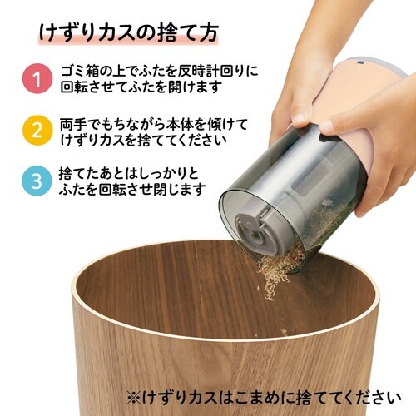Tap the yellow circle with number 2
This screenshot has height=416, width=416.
[x=36, y=131]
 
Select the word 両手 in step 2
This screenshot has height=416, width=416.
[x=71, y=122]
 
